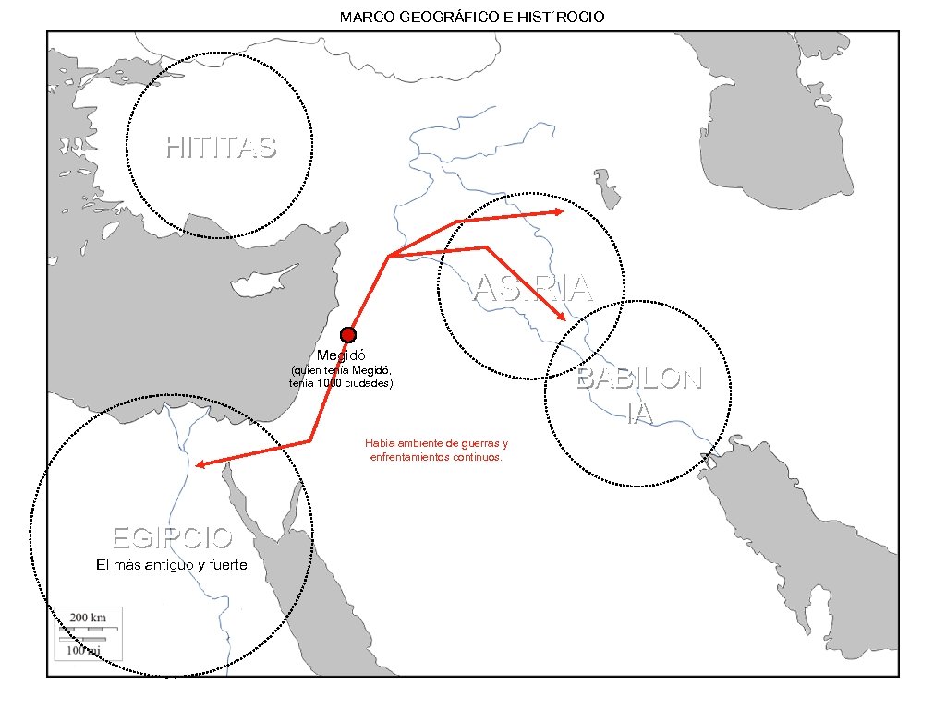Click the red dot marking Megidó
347,335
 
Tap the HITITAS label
221,147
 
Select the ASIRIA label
532,289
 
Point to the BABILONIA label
639,396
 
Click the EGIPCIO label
172,536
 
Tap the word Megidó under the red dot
342,355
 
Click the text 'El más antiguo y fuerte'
172,565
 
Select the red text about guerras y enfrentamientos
436,451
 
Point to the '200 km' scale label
89,617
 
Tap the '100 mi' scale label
83,649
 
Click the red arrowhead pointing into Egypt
200,464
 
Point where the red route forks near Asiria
389,256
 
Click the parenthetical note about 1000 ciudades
341,377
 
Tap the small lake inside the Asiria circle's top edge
606,188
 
